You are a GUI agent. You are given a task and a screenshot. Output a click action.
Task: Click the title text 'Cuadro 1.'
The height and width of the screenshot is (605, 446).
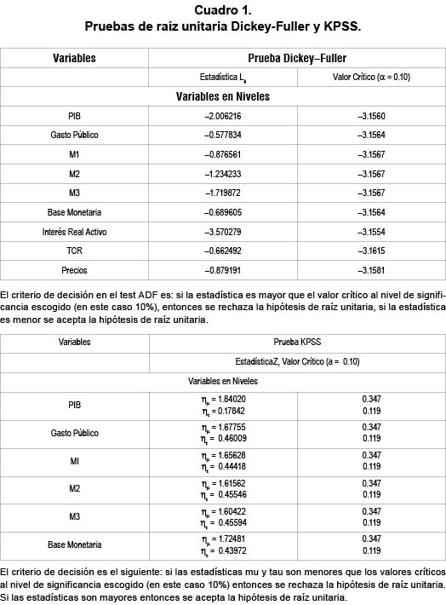pos(223,10)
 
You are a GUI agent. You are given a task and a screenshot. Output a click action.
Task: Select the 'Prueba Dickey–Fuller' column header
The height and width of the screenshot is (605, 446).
pos(297,58)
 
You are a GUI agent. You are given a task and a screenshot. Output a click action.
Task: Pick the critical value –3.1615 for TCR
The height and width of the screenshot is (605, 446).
pos(371,251)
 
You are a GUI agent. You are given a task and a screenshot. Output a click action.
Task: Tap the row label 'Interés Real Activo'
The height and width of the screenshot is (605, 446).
pos(74,232)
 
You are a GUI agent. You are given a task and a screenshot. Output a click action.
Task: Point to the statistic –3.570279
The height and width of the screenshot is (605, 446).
pos(223,232)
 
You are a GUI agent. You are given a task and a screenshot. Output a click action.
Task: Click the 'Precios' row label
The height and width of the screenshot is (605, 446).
pos(74,271)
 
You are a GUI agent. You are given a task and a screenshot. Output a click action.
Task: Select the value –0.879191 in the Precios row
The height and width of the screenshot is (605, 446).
pos(223,271)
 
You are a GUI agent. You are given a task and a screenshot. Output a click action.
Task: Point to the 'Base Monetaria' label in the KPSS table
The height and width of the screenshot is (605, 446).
pos(74,544)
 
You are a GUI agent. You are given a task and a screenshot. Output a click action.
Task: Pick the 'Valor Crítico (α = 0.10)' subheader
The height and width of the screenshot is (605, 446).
pos(371,77)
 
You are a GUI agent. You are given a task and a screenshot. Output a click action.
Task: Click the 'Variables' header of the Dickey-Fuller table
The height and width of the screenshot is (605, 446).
pos(74,58)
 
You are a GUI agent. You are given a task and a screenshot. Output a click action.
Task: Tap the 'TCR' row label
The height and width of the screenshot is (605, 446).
pos(74,251)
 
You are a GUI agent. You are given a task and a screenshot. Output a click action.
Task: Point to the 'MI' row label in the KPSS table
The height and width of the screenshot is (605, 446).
pos(74,461)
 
